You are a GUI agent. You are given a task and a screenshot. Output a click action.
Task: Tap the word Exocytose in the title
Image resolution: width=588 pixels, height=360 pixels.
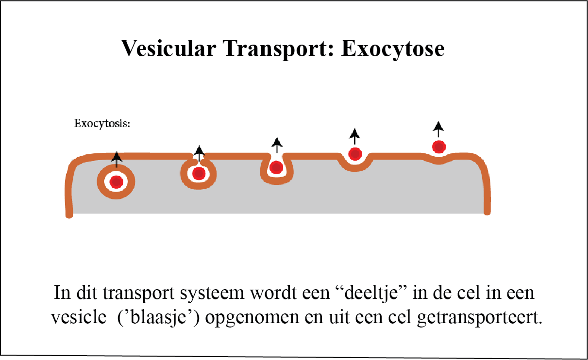[x=393, y=49]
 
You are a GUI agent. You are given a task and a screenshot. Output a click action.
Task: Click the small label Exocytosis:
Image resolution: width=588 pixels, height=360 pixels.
[x=102, y=123]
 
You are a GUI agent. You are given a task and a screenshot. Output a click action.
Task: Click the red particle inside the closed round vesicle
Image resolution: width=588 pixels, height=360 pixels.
[x=116, y=182]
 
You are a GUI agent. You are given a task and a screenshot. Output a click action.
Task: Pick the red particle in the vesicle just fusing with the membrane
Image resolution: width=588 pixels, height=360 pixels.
[x=198, y=173]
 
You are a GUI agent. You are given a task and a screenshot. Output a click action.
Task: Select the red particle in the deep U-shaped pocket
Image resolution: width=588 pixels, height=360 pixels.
[x=276, y=168]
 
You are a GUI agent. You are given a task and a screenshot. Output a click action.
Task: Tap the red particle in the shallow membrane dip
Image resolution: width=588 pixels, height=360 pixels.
[x=355, y=154]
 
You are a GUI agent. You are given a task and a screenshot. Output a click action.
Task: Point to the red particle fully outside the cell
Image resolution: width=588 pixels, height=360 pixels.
[x=439, y=147]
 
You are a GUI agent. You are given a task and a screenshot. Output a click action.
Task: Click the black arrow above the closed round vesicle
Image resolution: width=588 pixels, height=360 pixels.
[x=116, y=158]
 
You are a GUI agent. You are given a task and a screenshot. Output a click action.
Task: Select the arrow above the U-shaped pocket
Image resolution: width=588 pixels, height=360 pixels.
[x=277, y=144]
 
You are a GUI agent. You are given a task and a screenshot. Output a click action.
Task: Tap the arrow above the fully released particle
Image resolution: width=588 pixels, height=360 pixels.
[x=439, y=129]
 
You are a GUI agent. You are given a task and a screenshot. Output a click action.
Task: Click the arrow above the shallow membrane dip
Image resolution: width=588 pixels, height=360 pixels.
[x=355, y=135]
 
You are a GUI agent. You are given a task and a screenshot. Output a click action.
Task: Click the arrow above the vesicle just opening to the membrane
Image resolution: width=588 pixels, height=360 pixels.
[x=199, y=151]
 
